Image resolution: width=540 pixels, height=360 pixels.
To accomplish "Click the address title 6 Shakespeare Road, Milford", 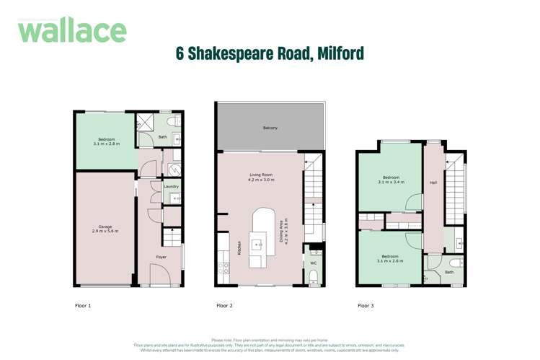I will [x=270, y=53].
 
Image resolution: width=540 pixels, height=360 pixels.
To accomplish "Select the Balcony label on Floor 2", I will [x=270, y=128].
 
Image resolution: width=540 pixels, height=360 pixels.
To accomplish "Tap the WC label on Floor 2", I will [x=313, y=263].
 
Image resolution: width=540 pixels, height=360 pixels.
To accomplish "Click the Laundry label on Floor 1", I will [x=171, y=186].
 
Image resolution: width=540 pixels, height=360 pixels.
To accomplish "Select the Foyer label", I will [x=164, y=256].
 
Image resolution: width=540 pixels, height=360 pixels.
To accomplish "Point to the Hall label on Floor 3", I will [x=433, y=183].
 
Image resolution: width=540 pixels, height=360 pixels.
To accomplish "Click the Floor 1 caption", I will [x=84, y=306].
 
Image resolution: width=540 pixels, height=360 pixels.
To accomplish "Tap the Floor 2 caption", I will [x=225, y=306].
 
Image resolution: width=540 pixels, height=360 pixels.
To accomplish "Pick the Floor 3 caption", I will [x=366, y=306].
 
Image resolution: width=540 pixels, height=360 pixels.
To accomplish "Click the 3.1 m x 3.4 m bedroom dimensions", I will [x=391, y=182].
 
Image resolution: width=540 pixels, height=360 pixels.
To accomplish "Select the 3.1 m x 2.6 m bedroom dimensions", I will [x=391, y=260].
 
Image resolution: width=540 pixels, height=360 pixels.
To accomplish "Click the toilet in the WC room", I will [x=314, y=276].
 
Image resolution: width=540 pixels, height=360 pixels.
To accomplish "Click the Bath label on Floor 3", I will [x=449, y=272].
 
